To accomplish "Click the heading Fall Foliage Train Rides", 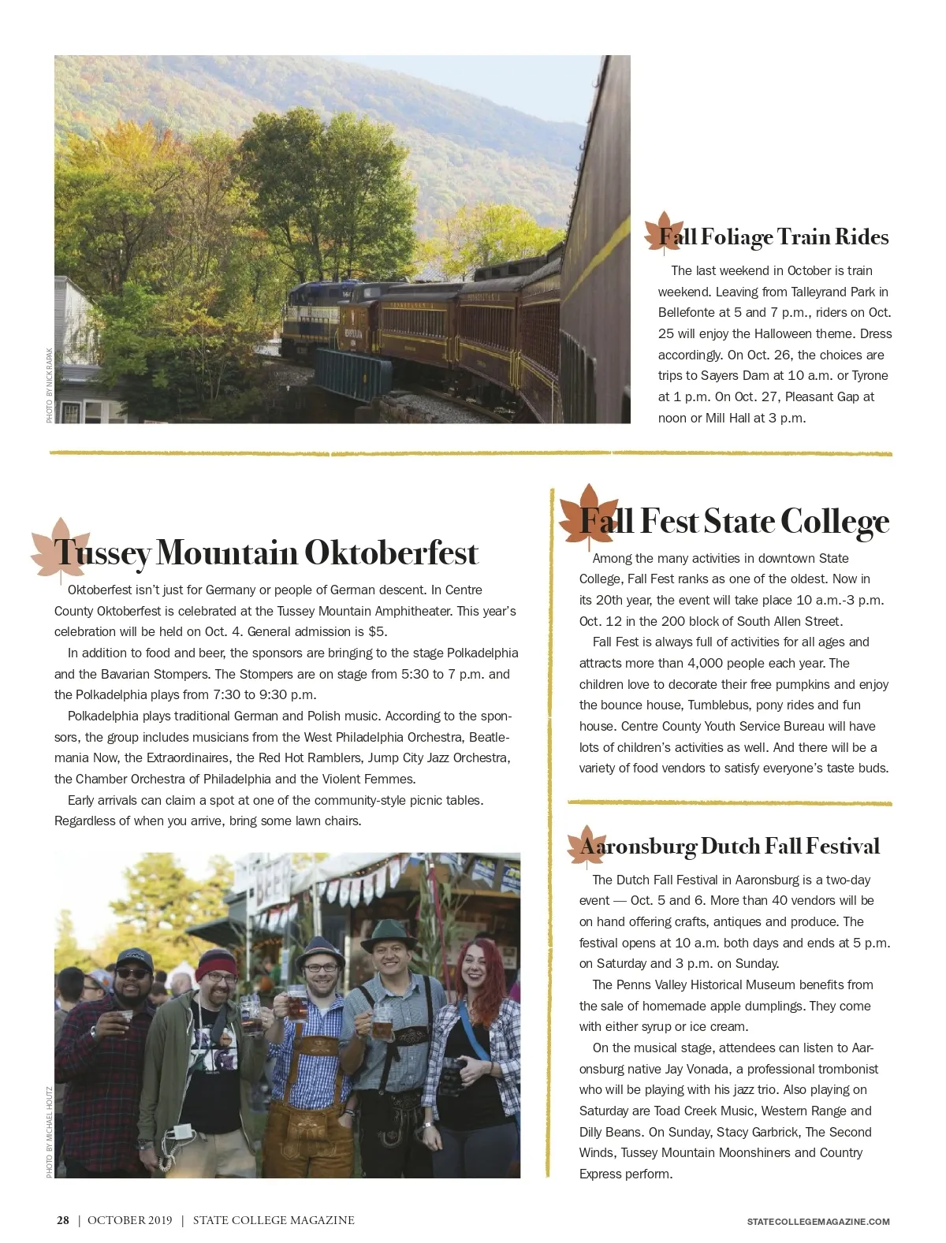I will (x=773, y=237).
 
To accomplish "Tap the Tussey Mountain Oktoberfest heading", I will (x=266, y=553).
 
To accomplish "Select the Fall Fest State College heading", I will (x=734, y=522).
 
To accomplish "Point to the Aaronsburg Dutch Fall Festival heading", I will (x=729, y=847).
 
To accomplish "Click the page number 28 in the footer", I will (x=63, y=1220).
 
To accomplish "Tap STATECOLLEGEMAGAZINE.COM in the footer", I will (x=818, y=1222).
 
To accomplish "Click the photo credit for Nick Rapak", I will (x=50, y=385).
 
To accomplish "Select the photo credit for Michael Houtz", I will (x=50, y=1132).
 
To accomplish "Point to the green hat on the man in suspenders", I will (x=388, y=936).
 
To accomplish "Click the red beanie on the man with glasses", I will (x=216, y=962).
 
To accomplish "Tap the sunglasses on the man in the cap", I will (x=132, y=973).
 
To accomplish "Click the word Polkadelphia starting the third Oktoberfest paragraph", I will (x=102, y=716).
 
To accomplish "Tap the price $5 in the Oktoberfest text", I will (x=377, y=632).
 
